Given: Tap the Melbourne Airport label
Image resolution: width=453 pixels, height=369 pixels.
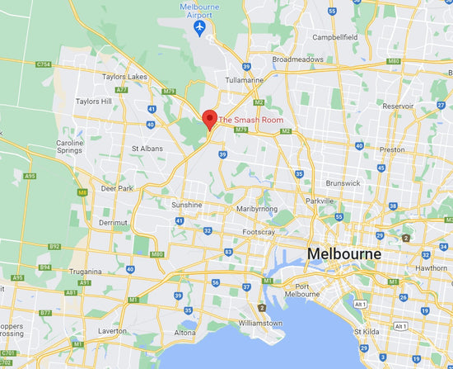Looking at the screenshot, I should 200,10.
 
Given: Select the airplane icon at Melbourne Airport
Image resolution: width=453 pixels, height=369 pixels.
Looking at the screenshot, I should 200,29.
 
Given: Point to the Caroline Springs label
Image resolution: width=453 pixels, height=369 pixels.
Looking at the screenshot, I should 70,147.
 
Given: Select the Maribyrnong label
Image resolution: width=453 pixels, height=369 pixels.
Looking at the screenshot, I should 257,211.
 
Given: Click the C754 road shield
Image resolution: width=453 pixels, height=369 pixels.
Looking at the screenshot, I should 44,64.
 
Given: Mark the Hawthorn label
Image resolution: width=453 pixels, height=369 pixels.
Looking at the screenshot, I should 432,267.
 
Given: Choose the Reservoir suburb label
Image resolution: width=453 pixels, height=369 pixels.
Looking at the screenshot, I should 399,106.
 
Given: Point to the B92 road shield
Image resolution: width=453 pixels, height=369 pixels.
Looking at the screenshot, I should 54,246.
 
